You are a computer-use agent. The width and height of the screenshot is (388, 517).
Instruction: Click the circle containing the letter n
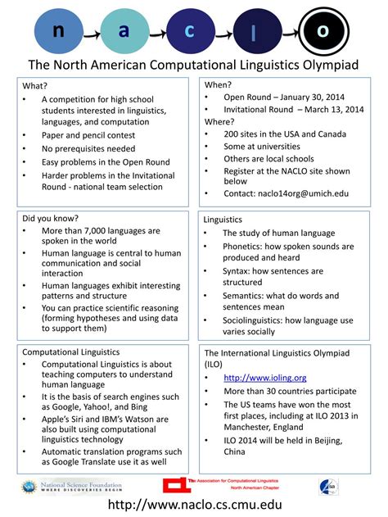coord(59,30)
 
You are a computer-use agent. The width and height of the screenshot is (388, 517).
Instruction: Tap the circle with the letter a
coord(124,30)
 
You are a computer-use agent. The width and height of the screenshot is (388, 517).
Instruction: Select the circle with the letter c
coord(190,30)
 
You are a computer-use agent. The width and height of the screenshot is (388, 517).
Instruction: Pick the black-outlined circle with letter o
coord(323,30)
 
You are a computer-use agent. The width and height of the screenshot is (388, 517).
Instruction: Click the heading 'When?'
coord(218,84)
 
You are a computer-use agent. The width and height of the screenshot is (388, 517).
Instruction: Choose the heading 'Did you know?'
coord(51,219)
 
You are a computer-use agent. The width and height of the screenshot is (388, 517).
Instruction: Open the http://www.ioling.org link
coord(265,378)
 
